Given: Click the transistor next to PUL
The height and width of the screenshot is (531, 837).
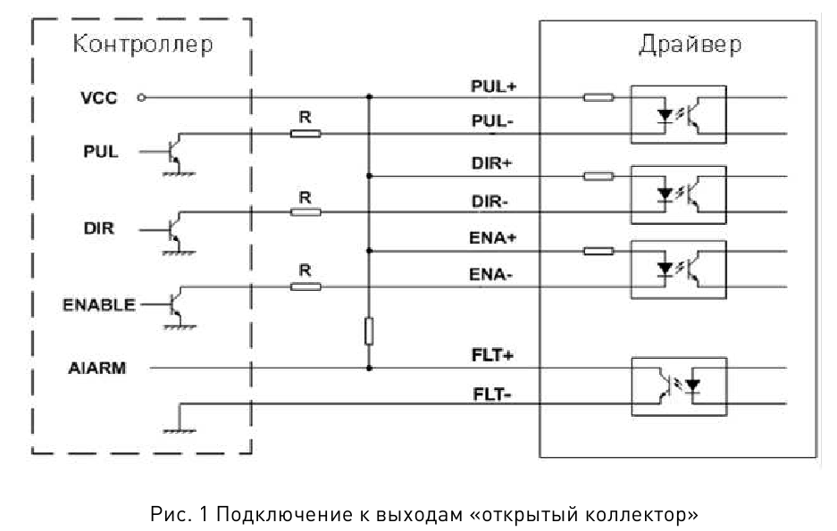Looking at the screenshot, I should (177, 151).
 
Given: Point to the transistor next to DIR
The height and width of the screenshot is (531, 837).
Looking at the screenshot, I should (177, 228).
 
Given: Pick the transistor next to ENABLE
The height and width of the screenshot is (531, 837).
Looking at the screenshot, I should (177, 304).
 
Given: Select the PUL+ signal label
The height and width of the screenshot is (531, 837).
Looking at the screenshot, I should (494, 87).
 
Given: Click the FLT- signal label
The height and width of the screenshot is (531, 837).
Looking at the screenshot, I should (491, 392).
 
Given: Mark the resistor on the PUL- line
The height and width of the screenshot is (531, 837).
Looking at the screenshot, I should (305, 134).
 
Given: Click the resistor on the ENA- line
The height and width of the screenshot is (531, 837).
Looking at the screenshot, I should (305, 286).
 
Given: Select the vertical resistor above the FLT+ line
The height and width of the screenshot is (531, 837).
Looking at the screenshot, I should (369, 332).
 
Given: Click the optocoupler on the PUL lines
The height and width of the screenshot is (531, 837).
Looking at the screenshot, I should (678, 113).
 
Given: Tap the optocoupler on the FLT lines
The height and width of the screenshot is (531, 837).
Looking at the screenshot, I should (678, 386).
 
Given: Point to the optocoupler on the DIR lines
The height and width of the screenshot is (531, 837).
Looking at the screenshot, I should (678, 192).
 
